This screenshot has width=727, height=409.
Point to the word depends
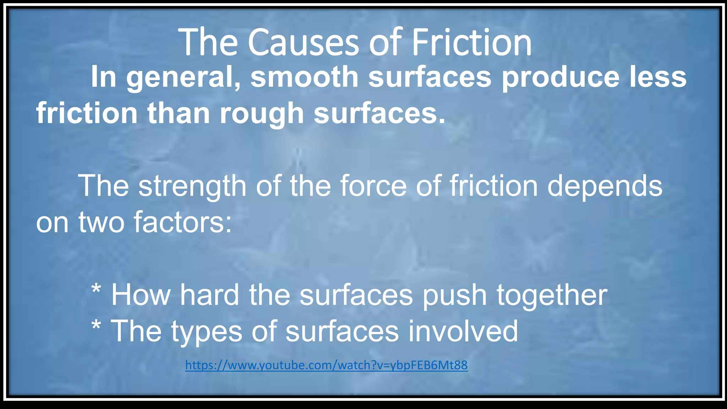[x=605, y=186]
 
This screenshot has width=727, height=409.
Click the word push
[x=454, y=295]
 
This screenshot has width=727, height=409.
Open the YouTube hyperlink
[x=326, y=365]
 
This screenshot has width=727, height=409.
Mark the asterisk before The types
[x=96, y=326]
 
